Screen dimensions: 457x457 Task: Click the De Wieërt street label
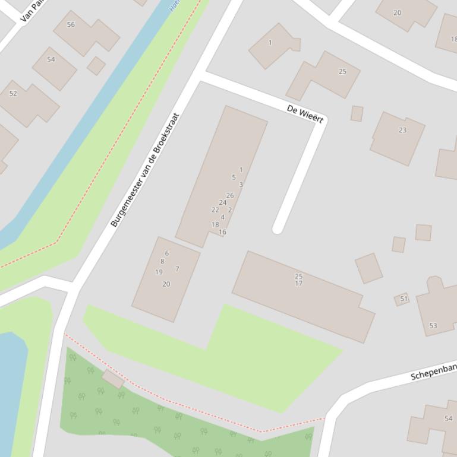point(305,114)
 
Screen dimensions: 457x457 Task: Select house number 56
point(71,25)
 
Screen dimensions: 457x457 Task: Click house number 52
point(13,94)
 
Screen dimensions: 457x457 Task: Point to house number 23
point(403,130)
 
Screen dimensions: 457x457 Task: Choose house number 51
point(404,299)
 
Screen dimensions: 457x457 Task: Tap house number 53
point(433,326)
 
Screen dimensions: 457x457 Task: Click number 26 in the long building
point(230,195)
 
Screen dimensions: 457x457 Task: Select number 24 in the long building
point(223,202)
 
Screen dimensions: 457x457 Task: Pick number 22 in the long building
point(215,210)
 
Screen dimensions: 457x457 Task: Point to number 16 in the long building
point(222,232)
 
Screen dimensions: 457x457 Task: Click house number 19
point(159,272)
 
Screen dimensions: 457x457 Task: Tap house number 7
point(177,269)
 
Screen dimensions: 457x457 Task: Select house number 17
point(298,283)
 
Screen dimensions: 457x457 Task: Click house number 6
point(166,253)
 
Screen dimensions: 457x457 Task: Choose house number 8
point(162,261)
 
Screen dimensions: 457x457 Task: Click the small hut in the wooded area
point(113,379)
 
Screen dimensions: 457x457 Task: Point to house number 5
point(234,177)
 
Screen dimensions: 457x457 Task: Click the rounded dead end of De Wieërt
point(278,229)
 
